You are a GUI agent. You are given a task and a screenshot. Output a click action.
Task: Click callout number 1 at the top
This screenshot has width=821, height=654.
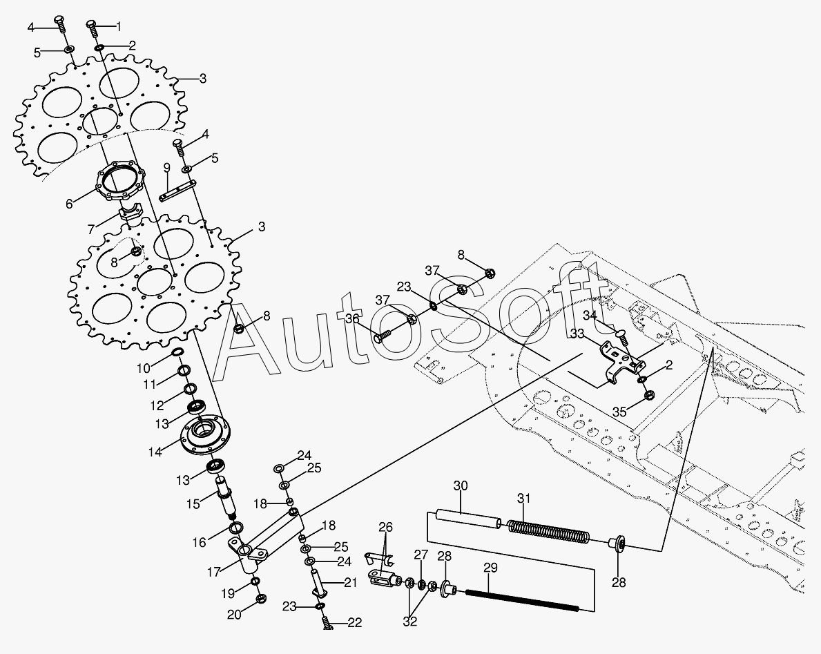[x=118, y=27]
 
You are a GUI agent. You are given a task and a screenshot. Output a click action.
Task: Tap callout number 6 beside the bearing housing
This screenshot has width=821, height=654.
[x=69, y=204]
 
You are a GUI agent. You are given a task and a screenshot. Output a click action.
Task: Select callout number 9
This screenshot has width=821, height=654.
[x=166, y=168]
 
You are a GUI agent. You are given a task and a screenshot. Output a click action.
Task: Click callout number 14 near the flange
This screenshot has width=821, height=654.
[x=155, y=452]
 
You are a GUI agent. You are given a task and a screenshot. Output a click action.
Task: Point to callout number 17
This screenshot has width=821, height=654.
[x=213, y=572]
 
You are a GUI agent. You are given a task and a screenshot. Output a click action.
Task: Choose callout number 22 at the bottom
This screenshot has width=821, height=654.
[x=354, y=623]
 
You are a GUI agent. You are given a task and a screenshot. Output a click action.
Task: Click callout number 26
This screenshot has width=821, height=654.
[x=385, y=528]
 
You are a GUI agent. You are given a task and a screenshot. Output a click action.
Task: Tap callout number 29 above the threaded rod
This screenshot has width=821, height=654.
[x=490, y=568]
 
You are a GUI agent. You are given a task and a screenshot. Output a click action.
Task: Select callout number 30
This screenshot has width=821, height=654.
[x=461, y=486]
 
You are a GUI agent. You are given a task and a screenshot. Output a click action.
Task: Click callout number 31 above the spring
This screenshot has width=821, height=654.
[x=524, y=499]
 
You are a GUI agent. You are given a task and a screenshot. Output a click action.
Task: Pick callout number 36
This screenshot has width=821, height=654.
[x=353, y=318]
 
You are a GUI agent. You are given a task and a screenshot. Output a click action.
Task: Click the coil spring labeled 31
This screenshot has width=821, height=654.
[x=548, y=531]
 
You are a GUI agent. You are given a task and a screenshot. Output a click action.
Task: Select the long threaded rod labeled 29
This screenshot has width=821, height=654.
[x=521, y=599]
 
